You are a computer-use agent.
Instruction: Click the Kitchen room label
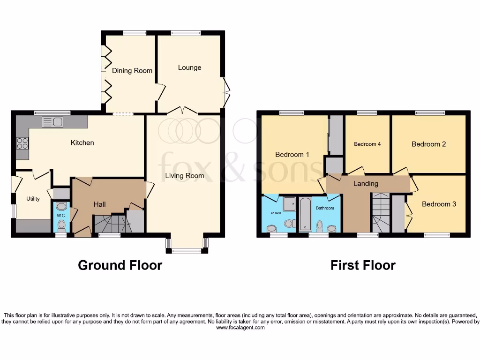click(82, 142)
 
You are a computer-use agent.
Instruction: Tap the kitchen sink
click(52, 122)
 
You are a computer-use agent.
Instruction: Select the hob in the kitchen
click(22, 142)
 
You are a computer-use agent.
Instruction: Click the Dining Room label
click(132, 71)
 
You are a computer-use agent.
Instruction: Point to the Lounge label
click(189, 67)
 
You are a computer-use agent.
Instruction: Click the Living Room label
click(184, 176)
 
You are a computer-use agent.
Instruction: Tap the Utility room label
click(33, 199)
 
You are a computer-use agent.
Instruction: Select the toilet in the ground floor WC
click(61, 225)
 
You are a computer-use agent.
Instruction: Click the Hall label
click(99, 204)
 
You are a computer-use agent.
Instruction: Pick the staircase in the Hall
click(110, 223)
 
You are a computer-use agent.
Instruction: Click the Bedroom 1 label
click(292, 155)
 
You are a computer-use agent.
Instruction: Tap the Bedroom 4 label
click(367, 144)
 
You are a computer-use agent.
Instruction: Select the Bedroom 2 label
click(428, 144)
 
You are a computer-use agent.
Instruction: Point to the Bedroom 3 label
click(439, 204)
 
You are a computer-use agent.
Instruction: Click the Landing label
click(366, 184)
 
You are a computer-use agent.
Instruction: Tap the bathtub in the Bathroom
click(305, 215)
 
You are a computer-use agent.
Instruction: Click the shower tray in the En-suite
click(290, 203)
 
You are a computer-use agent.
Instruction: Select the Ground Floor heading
click(120, 265)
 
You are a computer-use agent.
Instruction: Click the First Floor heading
click(363, 265)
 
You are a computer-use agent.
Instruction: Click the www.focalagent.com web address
click(240, 328)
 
